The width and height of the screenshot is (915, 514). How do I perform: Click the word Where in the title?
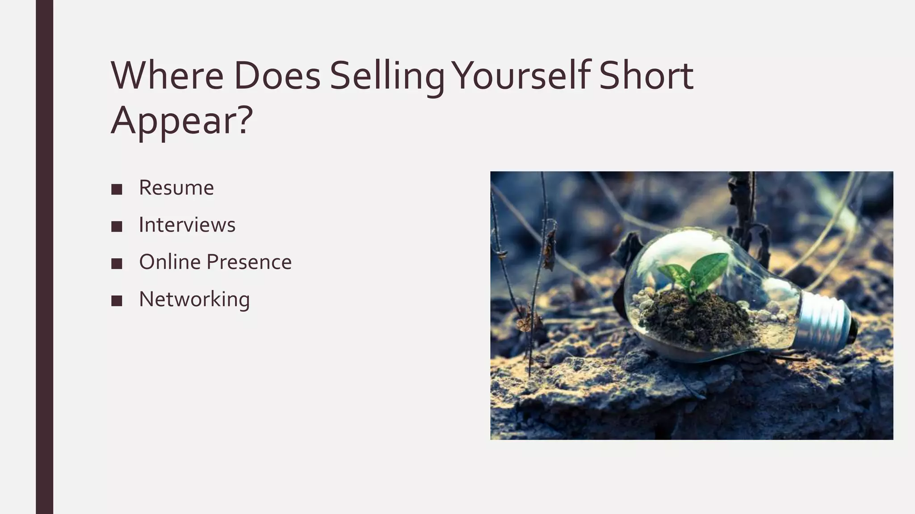(x=167, y=75)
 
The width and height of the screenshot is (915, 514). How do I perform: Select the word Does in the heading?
(x=277, y=75)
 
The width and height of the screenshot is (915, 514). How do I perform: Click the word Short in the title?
(x=646, y=75)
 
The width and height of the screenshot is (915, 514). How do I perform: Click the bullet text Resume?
(x=176, y=188)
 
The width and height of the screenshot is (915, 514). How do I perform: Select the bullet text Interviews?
(x=187, y=225)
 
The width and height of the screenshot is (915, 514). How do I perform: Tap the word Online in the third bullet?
(x=169, y=262)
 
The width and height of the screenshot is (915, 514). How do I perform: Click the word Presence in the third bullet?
(x=249, y=262)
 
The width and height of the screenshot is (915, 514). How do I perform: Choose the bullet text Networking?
(x=194, y=299)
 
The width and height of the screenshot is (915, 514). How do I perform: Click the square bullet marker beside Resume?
(x=117, y=189)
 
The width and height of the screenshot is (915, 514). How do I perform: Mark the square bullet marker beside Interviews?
(x=117, y=226)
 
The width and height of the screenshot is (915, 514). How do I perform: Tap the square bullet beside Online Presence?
(x=117, y=264)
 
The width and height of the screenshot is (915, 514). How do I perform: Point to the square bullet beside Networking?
(x=117, y=301)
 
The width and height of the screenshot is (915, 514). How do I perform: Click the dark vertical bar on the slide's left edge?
(x=44, y=257)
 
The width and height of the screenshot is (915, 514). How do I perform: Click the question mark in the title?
(x=245, y=120)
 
